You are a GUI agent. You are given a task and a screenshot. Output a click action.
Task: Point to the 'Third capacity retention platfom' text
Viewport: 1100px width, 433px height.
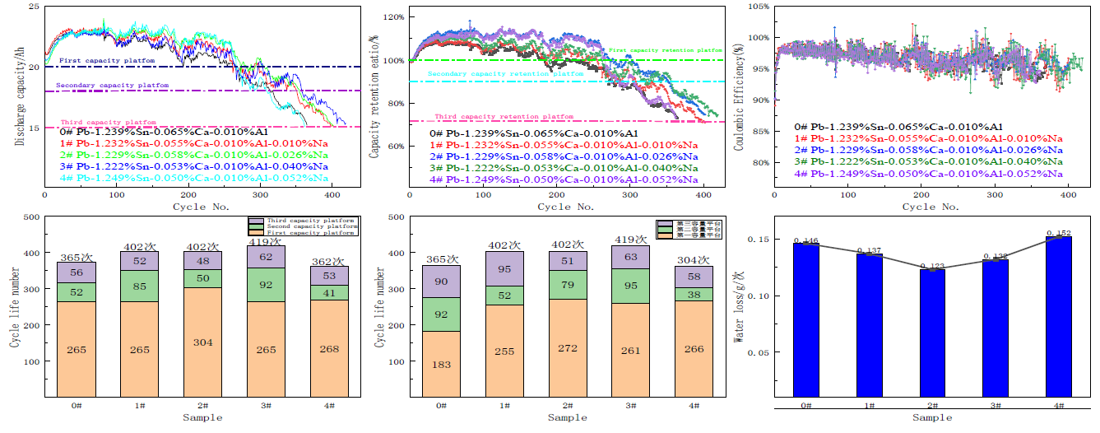[x=504, y=117]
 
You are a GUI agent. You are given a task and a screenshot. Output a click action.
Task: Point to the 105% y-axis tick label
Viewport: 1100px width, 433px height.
[x=758, y=7]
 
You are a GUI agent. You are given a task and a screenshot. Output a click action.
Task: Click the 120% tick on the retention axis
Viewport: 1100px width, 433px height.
[x=392, y=17]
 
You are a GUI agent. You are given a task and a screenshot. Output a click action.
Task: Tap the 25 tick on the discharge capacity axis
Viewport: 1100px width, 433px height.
[x=34, y=7]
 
